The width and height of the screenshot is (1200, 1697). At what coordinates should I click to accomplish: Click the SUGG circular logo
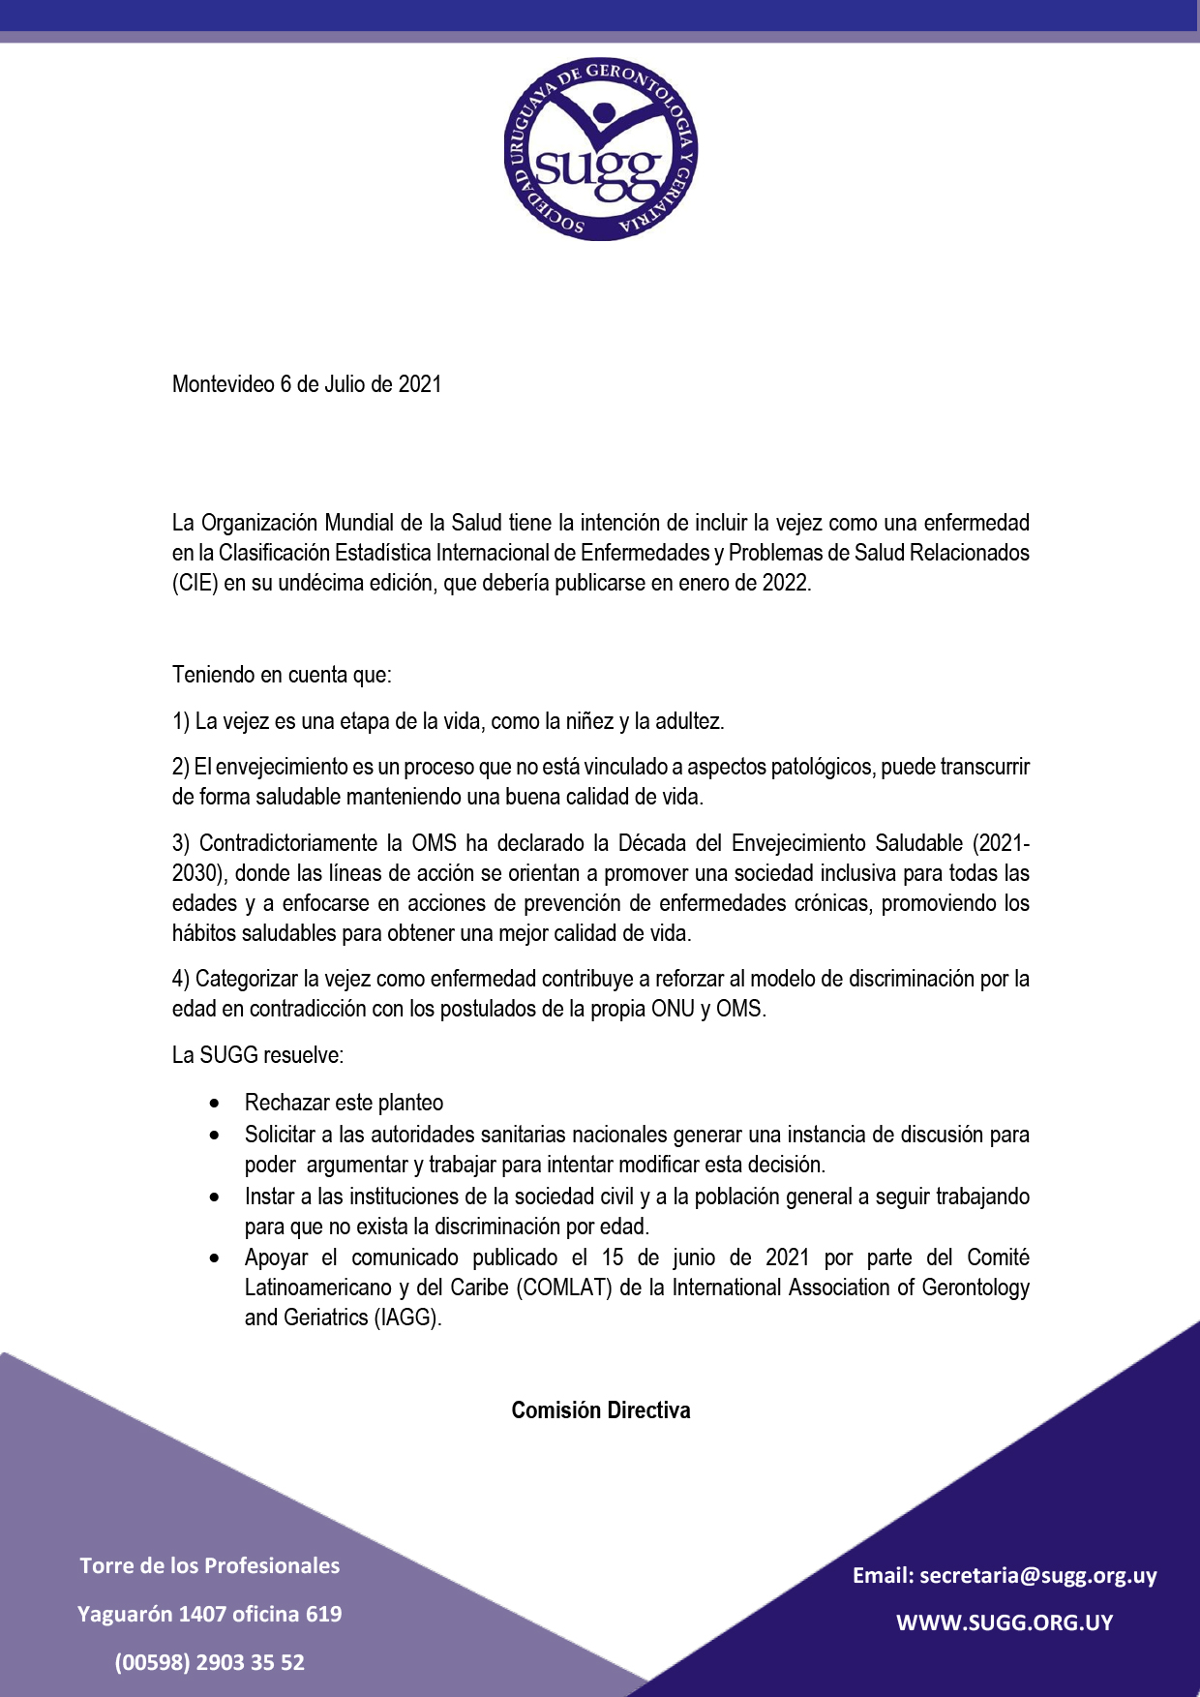[x=600, y=148]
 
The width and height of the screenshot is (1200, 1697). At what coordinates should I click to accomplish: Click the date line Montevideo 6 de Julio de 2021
[x=307, y=384]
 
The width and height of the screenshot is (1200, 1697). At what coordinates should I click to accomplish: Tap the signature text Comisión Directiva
[x=600, y=1410]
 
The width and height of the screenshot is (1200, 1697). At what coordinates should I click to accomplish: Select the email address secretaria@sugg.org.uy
[x=1037, y=1575]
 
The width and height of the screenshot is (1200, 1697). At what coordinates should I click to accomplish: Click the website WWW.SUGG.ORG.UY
[x=1005, y=1622]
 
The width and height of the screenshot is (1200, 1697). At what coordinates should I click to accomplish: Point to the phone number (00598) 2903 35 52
[x=209, y=1662]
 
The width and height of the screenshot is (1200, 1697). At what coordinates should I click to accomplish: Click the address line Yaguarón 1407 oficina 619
[x=209, y=1614]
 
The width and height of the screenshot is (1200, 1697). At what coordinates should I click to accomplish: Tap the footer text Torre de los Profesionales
[x=209, y=1565]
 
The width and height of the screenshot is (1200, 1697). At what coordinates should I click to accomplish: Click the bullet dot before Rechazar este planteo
[x=214, y=1104]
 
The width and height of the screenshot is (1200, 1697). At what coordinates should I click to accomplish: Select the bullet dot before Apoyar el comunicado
[x=214, y=1258]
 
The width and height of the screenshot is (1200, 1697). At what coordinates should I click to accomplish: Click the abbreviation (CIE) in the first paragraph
[x=195, y=583]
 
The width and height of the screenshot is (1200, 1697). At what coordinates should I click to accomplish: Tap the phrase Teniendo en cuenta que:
[x=282, y=675]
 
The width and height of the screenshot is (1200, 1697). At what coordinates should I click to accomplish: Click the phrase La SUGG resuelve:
[x=257, y=1055]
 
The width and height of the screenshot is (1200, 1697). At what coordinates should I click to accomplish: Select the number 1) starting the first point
[x=181, y=721]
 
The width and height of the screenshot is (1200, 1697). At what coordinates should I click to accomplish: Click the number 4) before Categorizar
[x=181, y=979]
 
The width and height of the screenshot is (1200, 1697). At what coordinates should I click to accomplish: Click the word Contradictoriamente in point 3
[x=288, y=843]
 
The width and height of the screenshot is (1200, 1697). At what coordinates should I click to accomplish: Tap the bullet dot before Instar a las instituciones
[x=214, y=1197]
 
